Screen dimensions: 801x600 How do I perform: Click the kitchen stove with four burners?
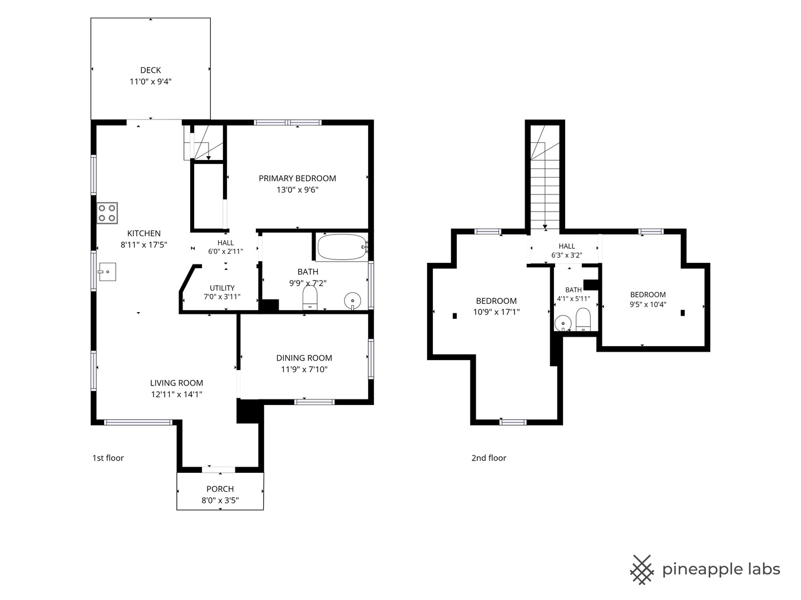107,213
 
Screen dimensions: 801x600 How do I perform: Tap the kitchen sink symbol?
107,272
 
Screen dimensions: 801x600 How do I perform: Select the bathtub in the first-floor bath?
342,247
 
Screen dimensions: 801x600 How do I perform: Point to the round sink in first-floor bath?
353,301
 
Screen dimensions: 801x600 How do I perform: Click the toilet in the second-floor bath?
583,319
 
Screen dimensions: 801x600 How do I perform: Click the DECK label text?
150,70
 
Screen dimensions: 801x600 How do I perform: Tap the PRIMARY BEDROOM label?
297,178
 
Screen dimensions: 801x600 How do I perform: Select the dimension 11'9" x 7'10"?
304,369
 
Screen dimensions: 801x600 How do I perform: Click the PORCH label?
220,489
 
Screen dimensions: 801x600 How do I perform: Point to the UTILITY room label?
222,288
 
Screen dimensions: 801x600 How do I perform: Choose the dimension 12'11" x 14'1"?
177,394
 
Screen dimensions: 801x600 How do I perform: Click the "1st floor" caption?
108,458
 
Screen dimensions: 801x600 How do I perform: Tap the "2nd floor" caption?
488,458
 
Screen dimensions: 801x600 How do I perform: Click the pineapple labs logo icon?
642,570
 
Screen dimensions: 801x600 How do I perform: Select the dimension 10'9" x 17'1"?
496,312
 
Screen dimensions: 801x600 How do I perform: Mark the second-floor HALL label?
567,246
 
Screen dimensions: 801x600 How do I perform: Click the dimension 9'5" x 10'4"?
647,304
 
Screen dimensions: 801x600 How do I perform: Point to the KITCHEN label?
144,233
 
